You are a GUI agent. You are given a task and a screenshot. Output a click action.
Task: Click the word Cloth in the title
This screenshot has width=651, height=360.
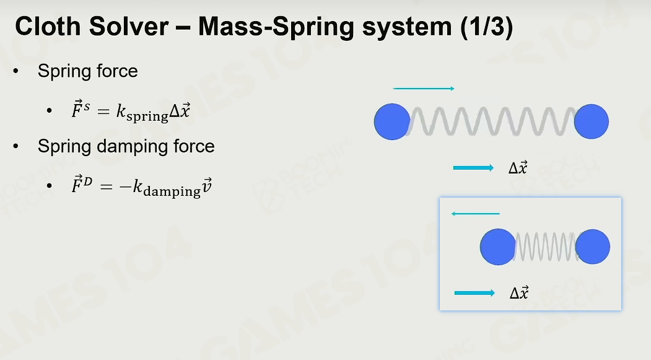(48, 26)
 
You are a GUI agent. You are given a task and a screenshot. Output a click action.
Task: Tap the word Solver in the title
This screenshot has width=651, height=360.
(129, 26)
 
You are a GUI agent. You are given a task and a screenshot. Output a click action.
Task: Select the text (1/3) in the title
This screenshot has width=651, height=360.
(487, 27)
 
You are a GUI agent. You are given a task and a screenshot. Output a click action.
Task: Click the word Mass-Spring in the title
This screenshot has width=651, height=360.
(276, 27)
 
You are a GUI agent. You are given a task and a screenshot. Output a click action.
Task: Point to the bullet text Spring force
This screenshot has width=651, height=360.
(87, 71)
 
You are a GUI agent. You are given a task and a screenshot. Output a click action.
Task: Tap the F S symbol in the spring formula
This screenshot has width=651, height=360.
(81, 110)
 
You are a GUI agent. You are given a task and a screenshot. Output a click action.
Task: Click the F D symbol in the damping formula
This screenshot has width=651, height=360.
(82, 185)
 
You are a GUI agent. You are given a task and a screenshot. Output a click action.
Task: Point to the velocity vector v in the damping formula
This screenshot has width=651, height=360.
(207, 186)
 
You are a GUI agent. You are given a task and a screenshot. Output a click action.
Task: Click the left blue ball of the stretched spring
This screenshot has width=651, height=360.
(392, 121)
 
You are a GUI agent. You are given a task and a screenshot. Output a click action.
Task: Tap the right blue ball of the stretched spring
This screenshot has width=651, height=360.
(591, 121)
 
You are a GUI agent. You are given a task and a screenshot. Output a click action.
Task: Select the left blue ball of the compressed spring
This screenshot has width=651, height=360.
(498, 247)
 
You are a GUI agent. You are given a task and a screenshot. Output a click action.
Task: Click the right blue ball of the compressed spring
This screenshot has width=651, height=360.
(592, 247)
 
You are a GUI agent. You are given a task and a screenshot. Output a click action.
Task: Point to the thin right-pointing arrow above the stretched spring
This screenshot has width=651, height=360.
(424, 89)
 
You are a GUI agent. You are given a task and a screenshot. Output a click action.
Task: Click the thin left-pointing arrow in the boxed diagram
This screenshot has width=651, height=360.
(475, 213)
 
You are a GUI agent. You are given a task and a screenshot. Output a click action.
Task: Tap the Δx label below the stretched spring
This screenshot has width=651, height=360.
(518, 167)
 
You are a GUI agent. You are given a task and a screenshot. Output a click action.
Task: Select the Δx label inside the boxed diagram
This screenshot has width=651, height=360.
(519, 292)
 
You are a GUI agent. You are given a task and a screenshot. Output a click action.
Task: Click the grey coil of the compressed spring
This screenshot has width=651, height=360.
(546, 247)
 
